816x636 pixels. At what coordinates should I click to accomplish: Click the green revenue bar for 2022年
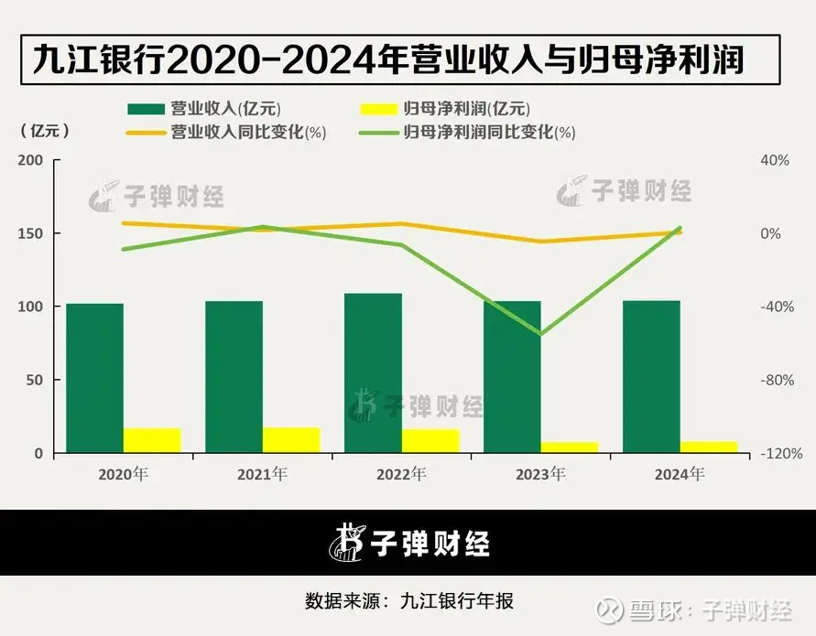coord(373,372)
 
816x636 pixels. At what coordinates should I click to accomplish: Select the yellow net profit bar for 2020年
coord(152,440)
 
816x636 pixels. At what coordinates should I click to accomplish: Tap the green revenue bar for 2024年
coord(651,376)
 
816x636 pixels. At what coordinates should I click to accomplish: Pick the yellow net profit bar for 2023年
coord(569,447)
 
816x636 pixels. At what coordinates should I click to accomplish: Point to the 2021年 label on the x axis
coord(262,474)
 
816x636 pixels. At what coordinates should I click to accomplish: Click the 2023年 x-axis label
coord(540,474)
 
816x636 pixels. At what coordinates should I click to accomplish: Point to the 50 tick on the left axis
coord(35,380)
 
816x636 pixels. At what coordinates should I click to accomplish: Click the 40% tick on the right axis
coord(775,160)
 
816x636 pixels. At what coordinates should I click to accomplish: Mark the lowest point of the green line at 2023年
coord(540,334)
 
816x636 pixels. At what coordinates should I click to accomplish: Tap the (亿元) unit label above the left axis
coord(44,131)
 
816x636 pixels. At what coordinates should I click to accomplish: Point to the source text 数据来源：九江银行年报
coord(408,601)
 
